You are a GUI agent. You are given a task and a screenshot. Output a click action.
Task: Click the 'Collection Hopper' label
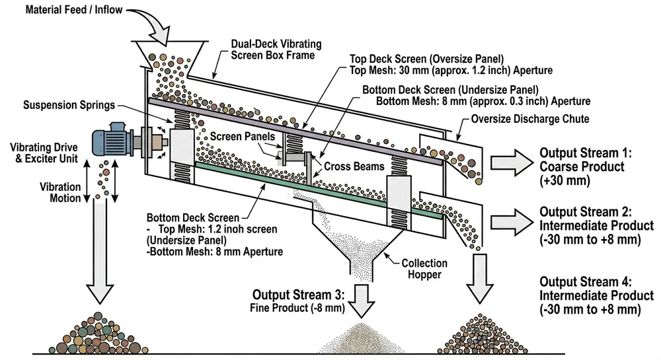click(424, 269)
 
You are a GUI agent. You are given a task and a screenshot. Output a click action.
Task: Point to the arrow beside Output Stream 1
click(509, 159)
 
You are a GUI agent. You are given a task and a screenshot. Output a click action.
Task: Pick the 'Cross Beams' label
click(353, 166)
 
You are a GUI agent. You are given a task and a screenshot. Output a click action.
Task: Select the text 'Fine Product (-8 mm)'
click(294, 307)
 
